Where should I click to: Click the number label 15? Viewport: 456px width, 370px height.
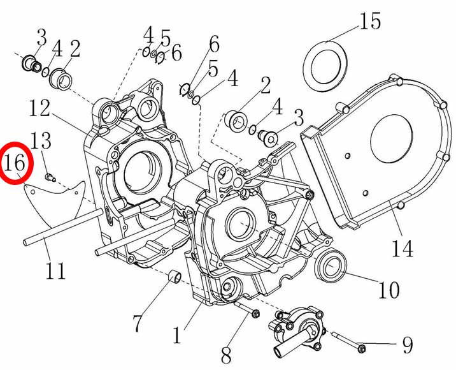point(369,20)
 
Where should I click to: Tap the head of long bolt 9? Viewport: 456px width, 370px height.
point(362,348)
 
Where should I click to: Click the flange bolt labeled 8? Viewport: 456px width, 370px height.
point(253,314)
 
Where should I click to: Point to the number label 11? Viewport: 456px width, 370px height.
point(55,270)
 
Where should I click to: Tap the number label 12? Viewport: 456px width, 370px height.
point(39,108)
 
